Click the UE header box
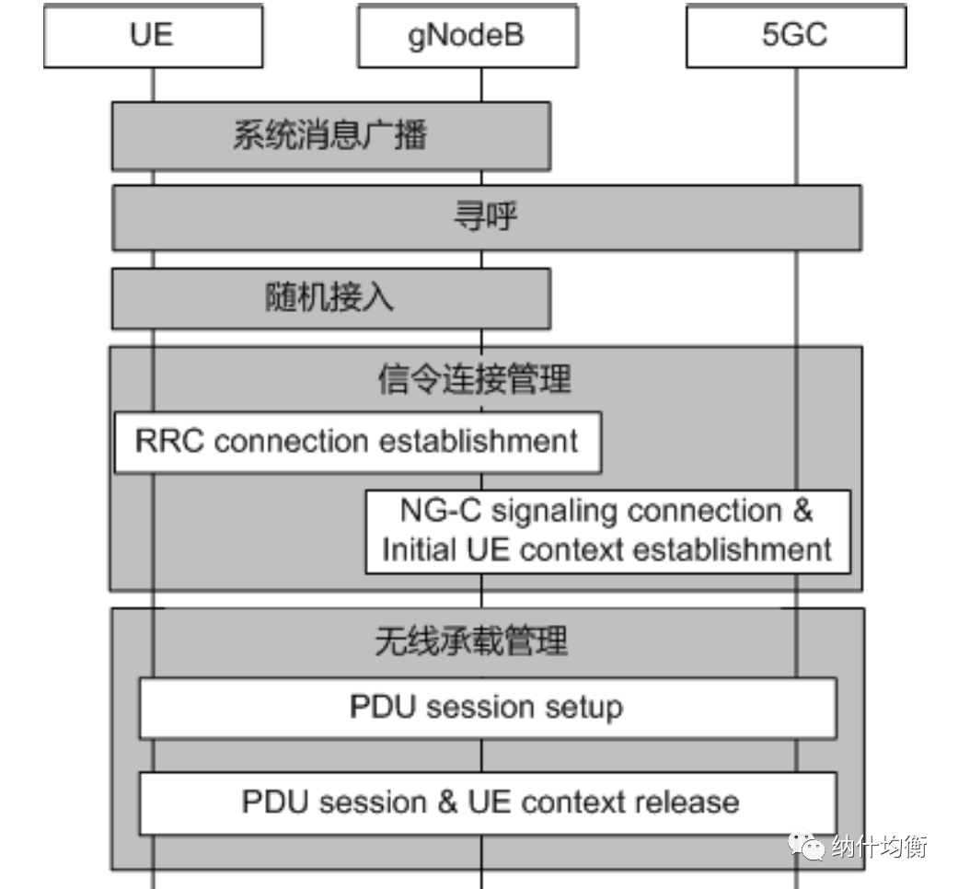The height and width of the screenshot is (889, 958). (x=152, y=36)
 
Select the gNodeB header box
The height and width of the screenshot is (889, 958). (x=467, y=36)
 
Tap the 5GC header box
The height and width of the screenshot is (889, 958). (x=795, y=36)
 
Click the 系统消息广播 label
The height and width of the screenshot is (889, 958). (x=329, y=136)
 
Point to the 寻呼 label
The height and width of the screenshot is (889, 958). (x=485, y=217)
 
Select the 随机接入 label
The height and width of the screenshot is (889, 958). (x=329, y=298)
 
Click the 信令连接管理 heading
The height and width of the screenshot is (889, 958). (x=474, y=378)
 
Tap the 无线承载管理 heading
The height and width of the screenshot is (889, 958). (x=471, y=641)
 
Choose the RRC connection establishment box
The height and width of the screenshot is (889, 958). (x=357, y=442)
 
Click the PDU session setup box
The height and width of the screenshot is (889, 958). (x=487, y=708)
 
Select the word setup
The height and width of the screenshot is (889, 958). (x=583, y=709)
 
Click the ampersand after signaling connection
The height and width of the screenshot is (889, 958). (x=802, y=510)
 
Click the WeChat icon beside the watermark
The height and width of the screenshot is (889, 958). (x=805, y=847)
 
